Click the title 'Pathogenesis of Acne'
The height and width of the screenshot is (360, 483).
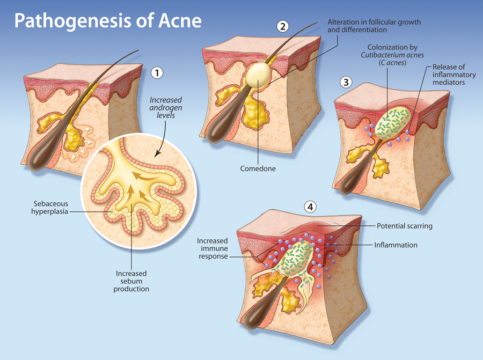(108, 21)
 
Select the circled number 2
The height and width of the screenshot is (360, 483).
(283, 25)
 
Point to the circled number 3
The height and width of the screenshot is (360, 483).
(347, 82)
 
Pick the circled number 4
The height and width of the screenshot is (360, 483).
(309, 206)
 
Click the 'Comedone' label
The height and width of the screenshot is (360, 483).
(258, 168)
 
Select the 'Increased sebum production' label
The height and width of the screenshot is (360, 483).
(132, 281)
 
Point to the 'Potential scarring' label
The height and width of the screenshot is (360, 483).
(405, 226)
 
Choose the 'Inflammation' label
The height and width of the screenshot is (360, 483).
(396, 245)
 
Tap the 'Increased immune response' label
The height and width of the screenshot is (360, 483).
(213, 248)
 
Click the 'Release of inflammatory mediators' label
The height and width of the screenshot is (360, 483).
(447, 75)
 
